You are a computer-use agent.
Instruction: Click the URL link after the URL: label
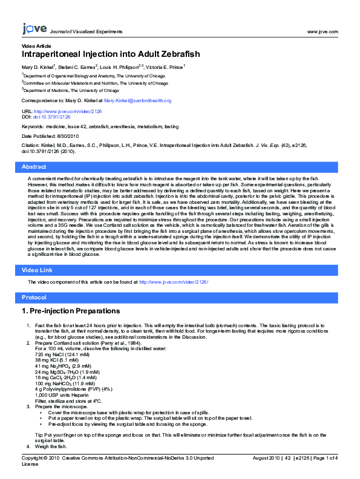point(59,111)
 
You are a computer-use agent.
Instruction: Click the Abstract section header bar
point(180,166)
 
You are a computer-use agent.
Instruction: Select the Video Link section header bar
point(180,269)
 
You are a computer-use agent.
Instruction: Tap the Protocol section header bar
point(180,298)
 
